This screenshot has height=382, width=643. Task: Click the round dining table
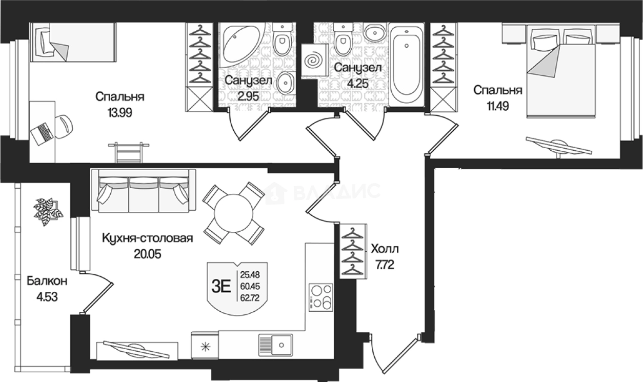pyautogui.click(x=233, y=213)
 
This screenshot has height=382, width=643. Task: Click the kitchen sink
pyautogui.click(x=275, y=345)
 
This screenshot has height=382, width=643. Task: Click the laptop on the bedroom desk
pyautogui.click(x=43, y=134)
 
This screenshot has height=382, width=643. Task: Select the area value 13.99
pyautogui.click(x=119, y=113)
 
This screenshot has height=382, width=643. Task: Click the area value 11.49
pyautogui.click(x=497, y=106)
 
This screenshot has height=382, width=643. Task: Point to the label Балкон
pyautogui.click(x=47, y=281)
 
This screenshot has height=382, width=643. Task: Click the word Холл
pyautogui.click(x=385, y=249)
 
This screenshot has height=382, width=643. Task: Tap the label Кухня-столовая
pyautogui.click(x=148, y=238)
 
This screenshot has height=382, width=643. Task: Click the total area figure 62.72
pyautogui.click(x=250, y=298)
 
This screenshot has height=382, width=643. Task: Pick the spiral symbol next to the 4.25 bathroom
pyautogui.click(x=314, y=61)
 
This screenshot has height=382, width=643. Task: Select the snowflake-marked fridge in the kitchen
pyautogui.click(x=205, y=345)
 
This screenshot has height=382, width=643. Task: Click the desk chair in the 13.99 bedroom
pyautogui.click(x=64, y=126)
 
